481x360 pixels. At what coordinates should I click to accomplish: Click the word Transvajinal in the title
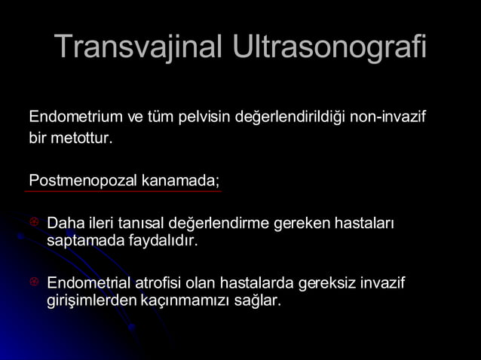(139, 47)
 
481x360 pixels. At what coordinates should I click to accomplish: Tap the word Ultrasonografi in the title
(329, 47)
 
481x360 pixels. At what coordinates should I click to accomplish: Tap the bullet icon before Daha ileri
(34, 224)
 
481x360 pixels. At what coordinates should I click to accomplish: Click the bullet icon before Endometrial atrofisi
(34, 282)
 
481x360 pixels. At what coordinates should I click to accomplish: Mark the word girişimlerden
(91, 300)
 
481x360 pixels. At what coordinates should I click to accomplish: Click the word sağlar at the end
(257, 300)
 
